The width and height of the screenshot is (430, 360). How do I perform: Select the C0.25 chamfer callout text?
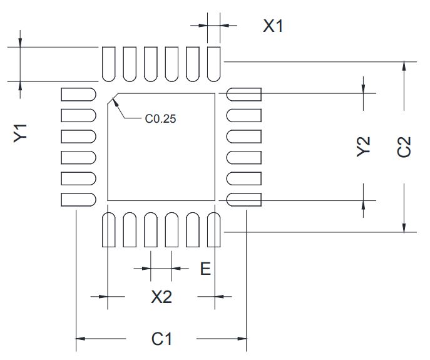160,118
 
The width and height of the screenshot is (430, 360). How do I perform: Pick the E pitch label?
205,269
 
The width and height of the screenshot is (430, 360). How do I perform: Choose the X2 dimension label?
161,297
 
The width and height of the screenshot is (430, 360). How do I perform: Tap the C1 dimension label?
161,339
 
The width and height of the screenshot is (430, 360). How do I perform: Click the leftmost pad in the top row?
108,63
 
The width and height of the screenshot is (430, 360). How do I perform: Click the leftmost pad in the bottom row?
108,230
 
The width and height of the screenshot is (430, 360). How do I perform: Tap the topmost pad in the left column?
78,95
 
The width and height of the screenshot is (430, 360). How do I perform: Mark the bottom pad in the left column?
78,200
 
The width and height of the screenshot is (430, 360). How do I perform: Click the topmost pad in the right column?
244,95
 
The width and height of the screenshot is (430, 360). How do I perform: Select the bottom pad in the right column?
244,200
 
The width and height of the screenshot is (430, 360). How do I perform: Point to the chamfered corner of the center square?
112,98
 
